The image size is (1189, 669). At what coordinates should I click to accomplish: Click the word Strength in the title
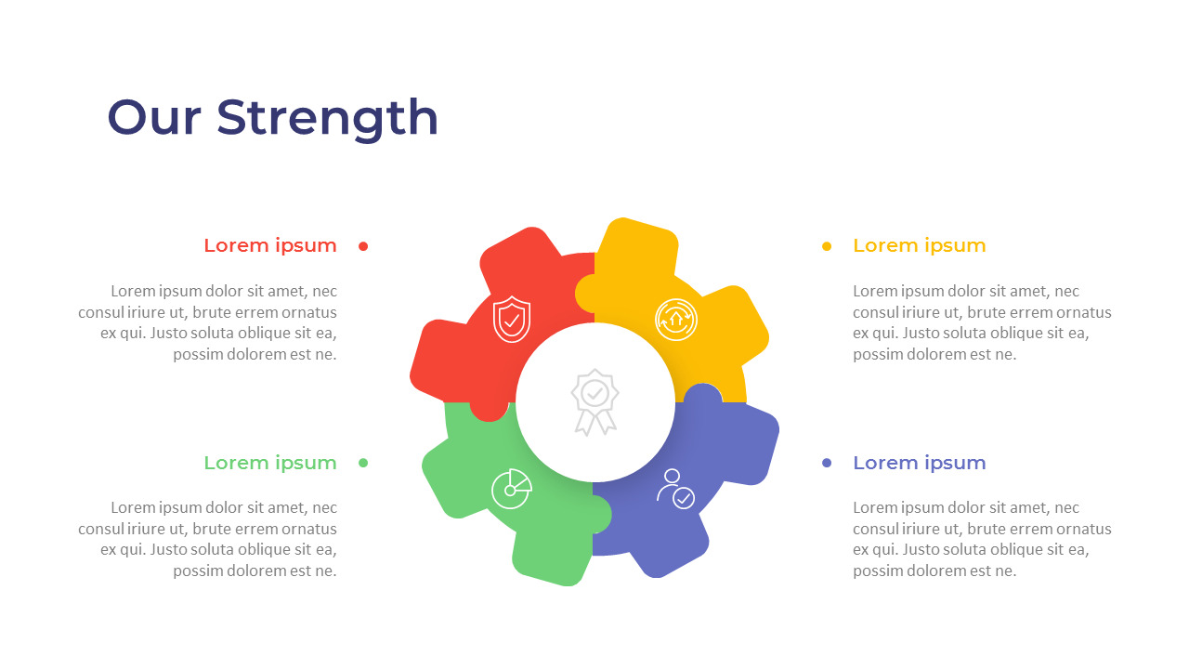coord(327,119)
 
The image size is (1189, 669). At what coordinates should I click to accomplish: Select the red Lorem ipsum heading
coord(270,245)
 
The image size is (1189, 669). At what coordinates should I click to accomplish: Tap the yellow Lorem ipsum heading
coord(919,245)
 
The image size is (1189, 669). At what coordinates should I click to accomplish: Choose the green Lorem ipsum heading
coord(270,463)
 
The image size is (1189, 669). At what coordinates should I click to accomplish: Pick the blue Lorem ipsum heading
coord(919,463)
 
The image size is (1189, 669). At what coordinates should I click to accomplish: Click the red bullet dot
coord(363,246)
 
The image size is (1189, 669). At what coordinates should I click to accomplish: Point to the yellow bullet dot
coord(827,246)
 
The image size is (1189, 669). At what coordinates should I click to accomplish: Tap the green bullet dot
coord(363,463)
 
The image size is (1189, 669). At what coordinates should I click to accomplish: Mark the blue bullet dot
coord(827,463)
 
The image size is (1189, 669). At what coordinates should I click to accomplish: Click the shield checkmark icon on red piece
coord(511,320)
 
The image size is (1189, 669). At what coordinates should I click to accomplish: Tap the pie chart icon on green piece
coord(511,488)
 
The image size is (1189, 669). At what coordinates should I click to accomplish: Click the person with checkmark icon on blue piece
coord(675,488)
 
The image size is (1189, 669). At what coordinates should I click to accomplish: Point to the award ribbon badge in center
coord(594,401)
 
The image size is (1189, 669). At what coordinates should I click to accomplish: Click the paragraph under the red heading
coord(208,322)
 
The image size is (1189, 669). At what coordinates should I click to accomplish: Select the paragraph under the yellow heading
coord(982,322)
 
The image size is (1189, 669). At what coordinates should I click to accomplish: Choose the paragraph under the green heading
coord(208,539)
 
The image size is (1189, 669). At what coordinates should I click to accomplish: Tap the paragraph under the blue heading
coord(982,539)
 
